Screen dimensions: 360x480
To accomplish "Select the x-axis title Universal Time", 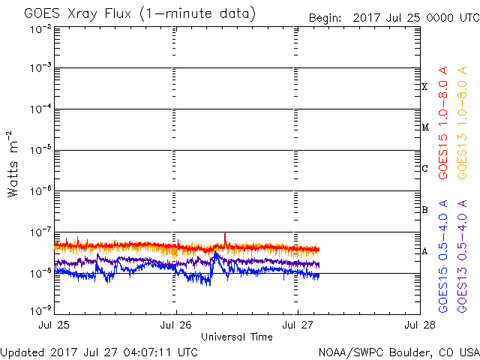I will click(236, 337).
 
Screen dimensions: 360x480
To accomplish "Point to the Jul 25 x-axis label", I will click(55, 326).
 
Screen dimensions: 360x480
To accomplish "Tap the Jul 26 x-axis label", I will click(176, 326).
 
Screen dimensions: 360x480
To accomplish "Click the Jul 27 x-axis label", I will click(298, 326).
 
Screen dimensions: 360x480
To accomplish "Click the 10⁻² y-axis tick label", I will click(40, 28).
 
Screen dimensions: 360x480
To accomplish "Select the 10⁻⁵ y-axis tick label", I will click(40, 151).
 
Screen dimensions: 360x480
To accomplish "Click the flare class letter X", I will click(424, 87).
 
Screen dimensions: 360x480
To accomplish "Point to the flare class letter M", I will click(424, 127).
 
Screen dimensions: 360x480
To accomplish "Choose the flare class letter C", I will click(424, 169).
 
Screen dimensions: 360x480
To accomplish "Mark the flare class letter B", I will click(424, 210).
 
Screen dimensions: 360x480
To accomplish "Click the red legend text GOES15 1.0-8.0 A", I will click(444, 121).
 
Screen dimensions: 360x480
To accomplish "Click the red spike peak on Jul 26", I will click(225, 234).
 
